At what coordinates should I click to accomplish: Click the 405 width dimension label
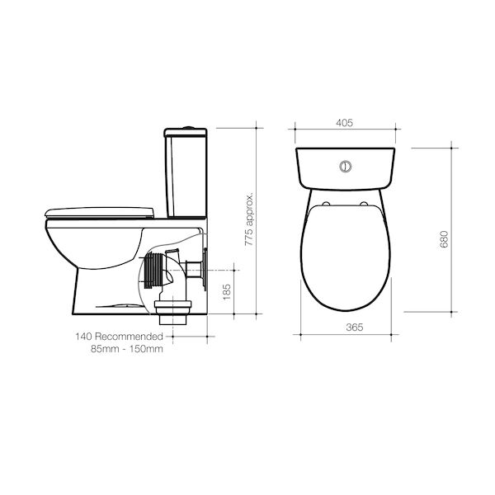pos(344,123)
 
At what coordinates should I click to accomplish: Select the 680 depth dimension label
pos(444,239)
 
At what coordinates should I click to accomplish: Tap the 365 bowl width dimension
pos(355,328)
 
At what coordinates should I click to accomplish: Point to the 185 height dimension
pos(227,292)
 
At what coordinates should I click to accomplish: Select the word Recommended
pos(129,337)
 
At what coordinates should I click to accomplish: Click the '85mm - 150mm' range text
pos(127,349)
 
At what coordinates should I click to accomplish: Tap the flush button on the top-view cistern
pos(346,167)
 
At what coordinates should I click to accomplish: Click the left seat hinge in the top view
pos(327,204)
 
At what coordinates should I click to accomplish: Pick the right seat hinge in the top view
pos(364,204)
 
